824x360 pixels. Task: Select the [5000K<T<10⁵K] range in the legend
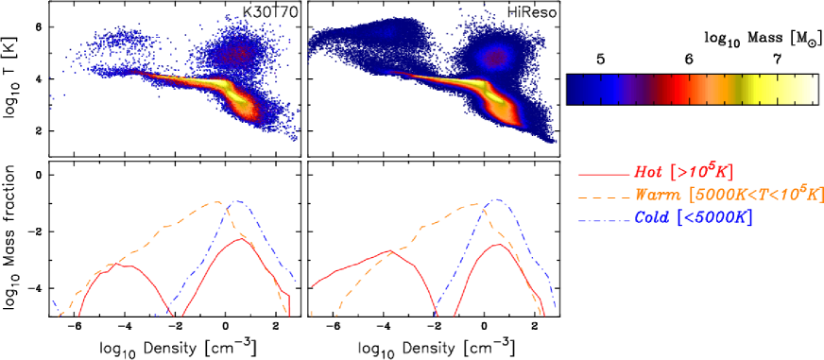[x=757, y=195]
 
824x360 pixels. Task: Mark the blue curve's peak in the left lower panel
[x=236, y=200]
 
